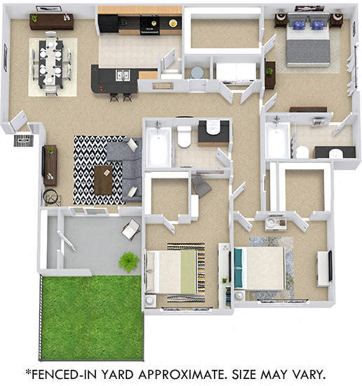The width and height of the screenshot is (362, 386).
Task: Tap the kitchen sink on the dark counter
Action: pos(121,75)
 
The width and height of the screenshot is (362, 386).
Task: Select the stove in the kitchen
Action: pos(149,25)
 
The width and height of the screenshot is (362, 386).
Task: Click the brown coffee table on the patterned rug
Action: pos(103,180)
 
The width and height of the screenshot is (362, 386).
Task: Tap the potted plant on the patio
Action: pos(128,261)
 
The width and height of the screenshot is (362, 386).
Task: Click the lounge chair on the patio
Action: pos(131,229)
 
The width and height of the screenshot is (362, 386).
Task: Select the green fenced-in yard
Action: pos(92,317)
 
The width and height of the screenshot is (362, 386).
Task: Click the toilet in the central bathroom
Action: pos(185,136)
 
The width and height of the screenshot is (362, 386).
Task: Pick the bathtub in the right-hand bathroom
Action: pos(277,140)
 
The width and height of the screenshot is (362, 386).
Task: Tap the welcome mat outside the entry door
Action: pos(23,140)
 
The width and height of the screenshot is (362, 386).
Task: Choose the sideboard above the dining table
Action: pos(51,22)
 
